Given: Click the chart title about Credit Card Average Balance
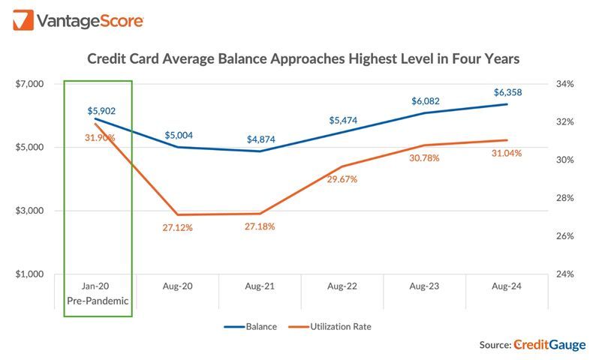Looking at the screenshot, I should tap(303, 58).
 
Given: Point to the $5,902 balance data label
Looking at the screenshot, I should tap(100, 111).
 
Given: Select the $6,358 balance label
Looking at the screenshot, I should tap(507, 92).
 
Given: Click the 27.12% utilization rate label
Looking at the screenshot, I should tap(177, 227).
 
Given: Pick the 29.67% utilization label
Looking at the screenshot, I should tap(342, 179).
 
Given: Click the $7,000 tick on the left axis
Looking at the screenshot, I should tap(29, 84).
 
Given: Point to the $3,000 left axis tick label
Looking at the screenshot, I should tap(29, 211).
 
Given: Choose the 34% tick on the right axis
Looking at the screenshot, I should tap(564, 84).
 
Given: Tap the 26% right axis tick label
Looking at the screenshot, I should tap(564, 236).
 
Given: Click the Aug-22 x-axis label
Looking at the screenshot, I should tap(342, 286).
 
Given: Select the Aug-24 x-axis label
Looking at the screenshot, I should tap(507, 286).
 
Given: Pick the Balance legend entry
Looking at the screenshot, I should tap(251, 326).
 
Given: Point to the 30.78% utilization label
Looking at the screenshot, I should tap(424, 158).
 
